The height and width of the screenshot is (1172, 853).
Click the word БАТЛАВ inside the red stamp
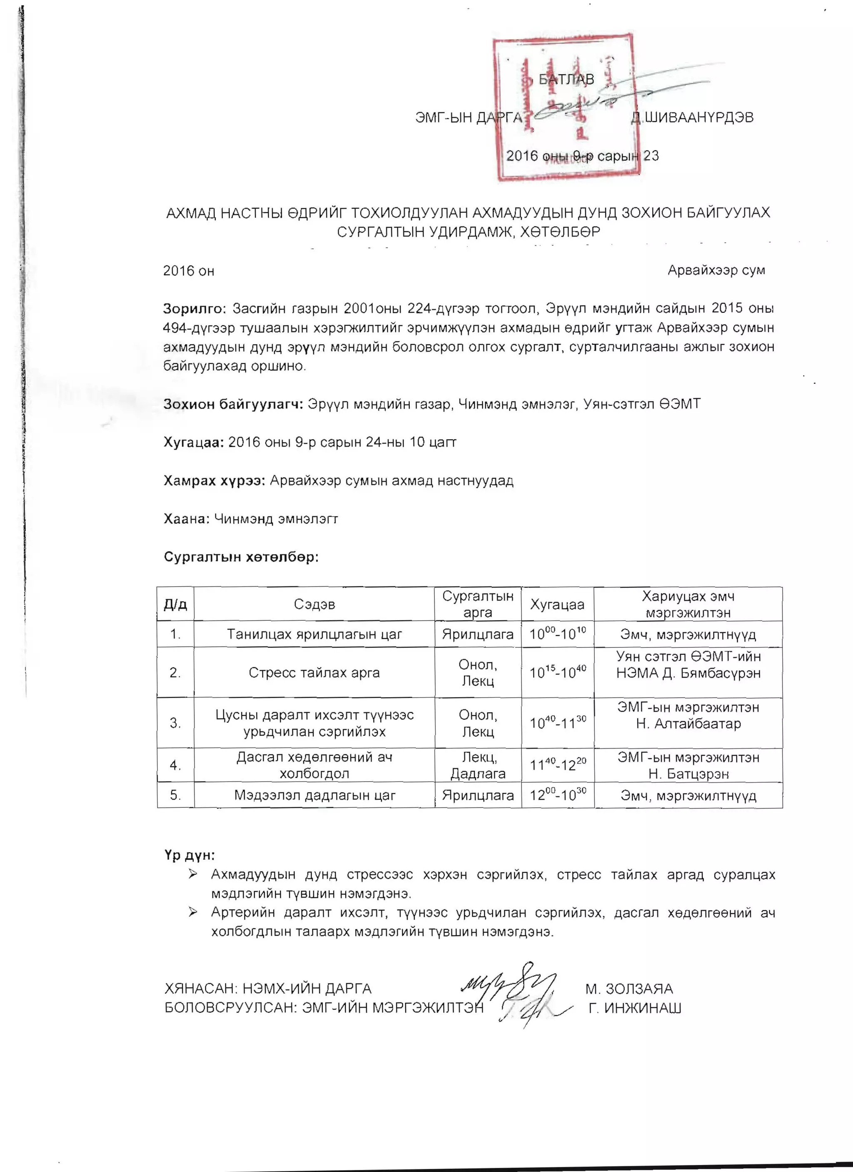pyautogui.click(x=566, y=79)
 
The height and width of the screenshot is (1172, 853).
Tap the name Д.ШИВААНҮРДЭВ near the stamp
pyautogui.click(x=692, y=117)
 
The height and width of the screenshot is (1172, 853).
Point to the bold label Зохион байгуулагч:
pyautogui.click(x=233, y=404)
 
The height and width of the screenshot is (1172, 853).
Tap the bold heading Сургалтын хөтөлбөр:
pyautogui.click(x=241, y=557)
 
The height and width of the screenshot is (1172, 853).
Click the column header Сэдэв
pyautogui.click(x=314, y=604)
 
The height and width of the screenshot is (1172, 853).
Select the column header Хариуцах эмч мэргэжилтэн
pyautogui.click(x=688, y=604)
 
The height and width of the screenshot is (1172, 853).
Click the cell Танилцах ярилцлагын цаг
pyautogui.click(x=314, y=634)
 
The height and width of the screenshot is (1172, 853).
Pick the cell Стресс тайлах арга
pyautogui.click(x=314, y=673)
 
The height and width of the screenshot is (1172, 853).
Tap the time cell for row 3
pyautogui.click(x=557, y=722)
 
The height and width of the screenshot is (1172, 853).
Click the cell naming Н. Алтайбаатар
pyautogui.click(x=688, y=722)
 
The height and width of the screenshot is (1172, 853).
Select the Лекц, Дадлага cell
pyautogui.click(x=478, y=765)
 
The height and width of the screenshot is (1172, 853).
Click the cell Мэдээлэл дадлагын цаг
pyautogui.click(x=314, y=795)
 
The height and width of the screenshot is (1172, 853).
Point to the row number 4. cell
pyautogui.click(x=176, y=765)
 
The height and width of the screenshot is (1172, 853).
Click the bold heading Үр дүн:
pyautogui.click(x=190, y=855)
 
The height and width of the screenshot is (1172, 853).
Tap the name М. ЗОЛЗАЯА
pyautogui.click(x=629, y=989)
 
